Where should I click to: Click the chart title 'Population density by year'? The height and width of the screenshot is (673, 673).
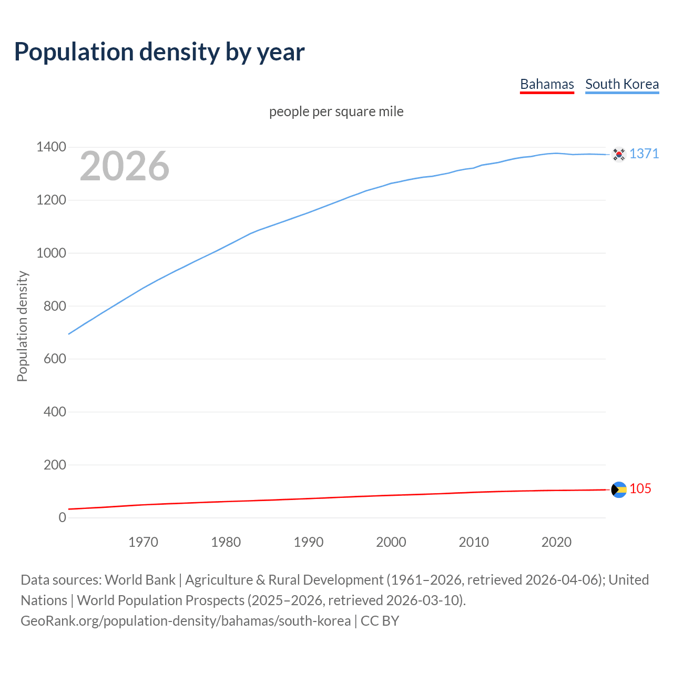click(159, 52)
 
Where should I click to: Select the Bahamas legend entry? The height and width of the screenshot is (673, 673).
click(547, 85)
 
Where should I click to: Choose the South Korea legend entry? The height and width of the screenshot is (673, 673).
click(622, 85)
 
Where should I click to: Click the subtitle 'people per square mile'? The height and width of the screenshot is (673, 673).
click(336, 112)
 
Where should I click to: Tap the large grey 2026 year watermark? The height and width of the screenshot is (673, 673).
click(125, 166)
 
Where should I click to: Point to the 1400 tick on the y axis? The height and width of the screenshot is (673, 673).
click(51, 147)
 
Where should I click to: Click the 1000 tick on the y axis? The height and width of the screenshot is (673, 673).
click(51, 253)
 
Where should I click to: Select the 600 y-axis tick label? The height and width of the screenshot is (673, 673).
click(55, 359)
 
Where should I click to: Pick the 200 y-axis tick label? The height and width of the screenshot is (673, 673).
click(55, 465)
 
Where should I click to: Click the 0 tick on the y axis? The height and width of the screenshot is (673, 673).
click(63, 518)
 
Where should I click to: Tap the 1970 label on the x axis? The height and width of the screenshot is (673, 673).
click(143, 542)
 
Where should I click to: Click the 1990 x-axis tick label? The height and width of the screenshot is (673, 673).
click(309, 542)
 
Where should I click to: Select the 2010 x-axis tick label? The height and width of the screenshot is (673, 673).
click(474, 542)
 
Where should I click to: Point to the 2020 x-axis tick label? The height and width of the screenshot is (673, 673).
click(556, 542)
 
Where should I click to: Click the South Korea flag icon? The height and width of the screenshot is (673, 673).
click(619, 154)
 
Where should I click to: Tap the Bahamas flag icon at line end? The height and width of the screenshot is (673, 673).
click(619, 490)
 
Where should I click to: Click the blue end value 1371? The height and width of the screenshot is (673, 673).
click(644, 154)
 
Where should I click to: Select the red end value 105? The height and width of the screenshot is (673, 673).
click(640, 489)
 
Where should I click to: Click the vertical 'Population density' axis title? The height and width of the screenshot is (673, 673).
click(22, 326)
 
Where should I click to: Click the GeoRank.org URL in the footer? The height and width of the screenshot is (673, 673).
click(186, 621)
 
